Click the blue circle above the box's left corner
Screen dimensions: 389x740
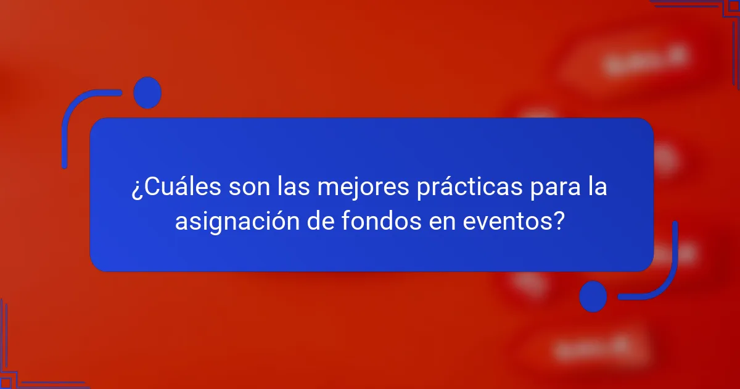pyautogui.click(x=147, y=93)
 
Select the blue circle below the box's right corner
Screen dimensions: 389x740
pyautogui.click(x=593, y=296)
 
